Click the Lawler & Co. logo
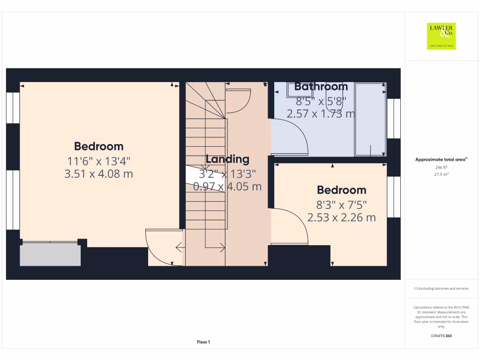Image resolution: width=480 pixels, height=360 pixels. pyautogui.click(x=441, y=36)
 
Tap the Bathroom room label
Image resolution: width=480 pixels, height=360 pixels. pyautogui.click(x=321, y=87)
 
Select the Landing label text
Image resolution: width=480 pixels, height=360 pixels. pyautogui.click(x=227, y=159)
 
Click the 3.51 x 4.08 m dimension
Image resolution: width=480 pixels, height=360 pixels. pyautogui.click(x=98, y=174)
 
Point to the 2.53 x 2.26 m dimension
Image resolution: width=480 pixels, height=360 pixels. pyautogui.click(x=341, y=217)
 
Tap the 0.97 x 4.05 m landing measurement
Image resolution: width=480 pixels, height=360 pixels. pyautogui.click(x=227, y=187)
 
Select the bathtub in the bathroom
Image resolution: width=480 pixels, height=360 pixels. pyautogui.click(x=370, y=120)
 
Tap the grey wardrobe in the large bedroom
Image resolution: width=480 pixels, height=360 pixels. pyautogui.click(x=50, y=255)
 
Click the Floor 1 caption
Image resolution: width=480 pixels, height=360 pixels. pyautogui.click(x=203, y=342)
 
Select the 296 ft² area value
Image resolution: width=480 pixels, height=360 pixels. pyautogui.click(x=441, y=167)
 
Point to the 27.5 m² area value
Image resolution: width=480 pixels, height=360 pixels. pyautogui.click(x=441, y=174)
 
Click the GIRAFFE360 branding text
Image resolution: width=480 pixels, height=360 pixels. pyautogui.click(x=441, y=336)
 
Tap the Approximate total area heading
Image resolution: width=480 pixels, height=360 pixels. pyautogui.click(x=441, y=159)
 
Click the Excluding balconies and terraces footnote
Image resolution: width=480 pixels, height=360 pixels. pyautogui.click(x=441, y=289)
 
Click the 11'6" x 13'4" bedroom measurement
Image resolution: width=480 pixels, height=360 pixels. pyautogui.click(x=98, y=161)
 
